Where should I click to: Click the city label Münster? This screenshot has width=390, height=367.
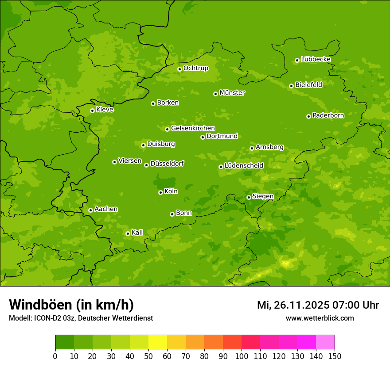(232, 93)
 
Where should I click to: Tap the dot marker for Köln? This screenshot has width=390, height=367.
(160, 192)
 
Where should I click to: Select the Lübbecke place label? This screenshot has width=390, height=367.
(316, 59)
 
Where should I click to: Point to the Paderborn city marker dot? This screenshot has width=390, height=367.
(308, 116)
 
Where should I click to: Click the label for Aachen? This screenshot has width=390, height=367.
(106, 209)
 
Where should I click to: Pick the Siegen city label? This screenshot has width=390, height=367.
(263, 196)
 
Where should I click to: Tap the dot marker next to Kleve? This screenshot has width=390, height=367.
(92, 111)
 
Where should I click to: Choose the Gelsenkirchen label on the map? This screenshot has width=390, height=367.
(193, 128)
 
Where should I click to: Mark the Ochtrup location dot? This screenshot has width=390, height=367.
(179, 69)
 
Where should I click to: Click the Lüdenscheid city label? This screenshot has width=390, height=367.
(244, 166)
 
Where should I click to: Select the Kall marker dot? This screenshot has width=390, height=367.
(128, 233)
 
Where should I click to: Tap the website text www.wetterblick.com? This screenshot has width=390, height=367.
(320, 318)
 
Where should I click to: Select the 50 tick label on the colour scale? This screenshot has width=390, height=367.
(148, 356)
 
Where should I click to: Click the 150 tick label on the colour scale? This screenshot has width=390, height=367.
(334, 356)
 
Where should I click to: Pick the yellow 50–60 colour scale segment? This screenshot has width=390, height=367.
(158, 342)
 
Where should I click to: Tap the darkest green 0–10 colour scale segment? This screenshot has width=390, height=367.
(65, 342)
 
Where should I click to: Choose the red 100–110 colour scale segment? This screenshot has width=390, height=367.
(251, 342)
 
